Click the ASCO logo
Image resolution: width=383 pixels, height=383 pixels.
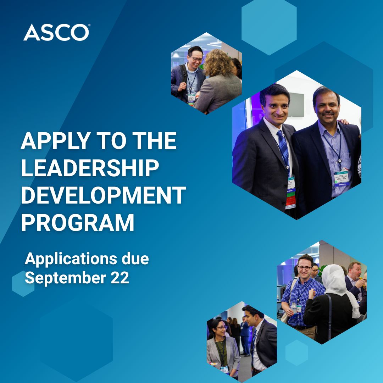[x=57, y=32]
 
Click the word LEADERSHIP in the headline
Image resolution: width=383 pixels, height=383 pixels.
[x=90, y=168]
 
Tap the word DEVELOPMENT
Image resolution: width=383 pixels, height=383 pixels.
[x=104, y=195]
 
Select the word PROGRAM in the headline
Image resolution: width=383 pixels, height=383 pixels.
[x=78, y=222]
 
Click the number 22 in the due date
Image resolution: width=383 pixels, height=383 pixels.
[x=120, y=278]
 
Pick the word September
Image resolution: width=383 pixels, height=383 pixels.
[x=66, y=278]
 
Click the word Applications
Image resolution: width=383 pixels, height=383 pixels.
[x=71, y=259]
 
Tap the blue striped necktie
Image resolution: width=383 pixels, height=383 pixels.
[x=284, y=149]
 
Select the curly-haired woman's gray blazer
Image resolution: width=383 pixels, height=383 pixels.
[x=219, y=93]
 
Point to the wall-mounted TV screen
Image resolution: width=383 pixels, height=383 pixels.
[x=296, y=105]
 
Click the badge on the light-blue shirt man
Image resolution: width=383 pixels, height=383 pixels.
[x=342, y=179]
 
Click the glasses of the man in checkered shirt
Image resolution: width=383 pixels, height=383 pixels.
[x=304, y=268]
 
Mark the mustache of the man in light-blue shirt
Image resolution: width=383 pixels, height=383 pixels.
[x=328, y=113]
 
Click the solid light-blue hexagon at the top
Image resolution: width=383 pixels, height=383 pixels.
[x=269, y=27]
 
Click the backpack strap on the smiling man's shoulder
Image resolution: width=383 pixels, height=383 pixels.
[x=183, y=73]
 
